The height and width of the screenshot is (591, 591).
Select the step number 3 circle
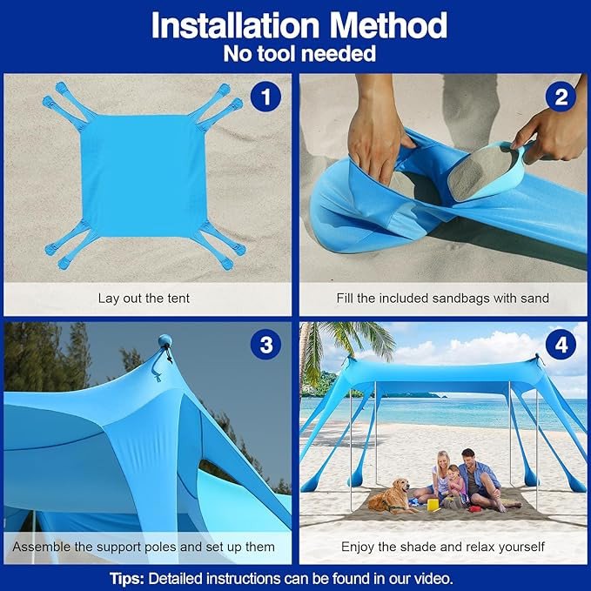click(x=265, y=346)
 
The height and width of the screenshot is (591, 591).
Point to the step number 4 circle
click(x=561, y=346)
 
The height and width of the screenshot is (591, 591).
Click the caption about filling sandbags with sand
click(x=443, y=298)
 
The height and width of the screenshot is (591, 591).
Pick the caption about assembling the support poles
click(x=144, y=547)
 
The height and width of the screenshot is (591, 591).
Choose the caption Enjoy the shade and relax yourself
click(x=443, y=547)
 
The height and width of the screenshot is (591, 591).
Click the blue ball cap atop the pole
click(x=165, y=341)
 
